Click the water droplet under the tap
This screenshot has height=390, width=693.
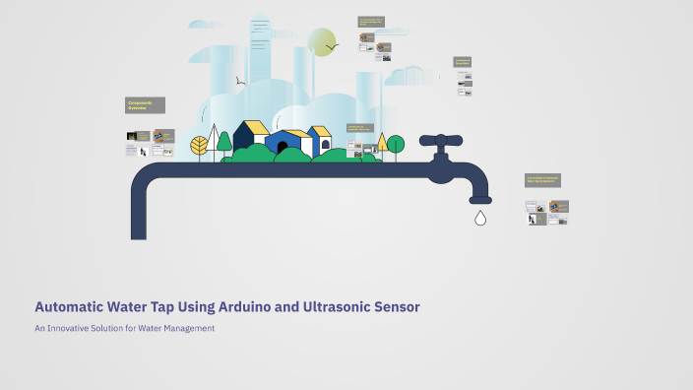(480, 218)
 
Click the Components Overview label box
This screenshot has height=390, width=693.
(145, 105)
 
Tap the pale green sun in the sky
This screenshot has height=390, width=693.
(321, 42)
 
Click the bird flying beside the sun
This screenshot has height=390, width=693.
(333, 45)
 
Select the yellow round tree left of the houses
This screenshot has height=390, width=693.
(200, 146)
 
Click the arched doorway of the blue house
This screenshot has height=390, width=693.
(283, 148)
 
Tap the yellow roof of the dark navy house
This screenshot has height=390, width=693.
(253, 127)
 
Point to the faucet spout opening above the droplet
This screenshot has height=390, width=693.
(480, 200)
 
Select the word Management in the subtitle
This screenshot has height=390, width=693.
(186, 328)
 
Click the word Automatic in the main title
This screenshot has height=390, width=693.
(68, 307)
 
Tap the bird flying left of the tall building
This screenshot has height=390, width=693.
(239, 81)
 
